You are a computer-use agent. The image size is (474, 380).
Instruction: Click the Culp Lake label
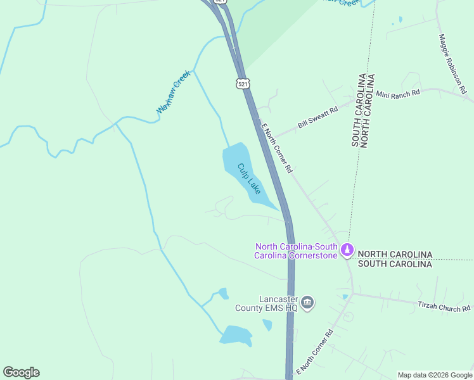(x=249, y=178)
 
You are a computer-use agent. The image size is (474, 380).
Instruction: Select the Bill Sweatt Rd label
(x=317, y=118)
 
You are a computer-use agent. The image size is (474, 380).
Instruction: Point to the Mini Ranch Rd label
(x=398, y=93)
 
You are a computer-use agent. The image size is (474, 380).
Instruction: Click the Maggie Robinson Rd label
(x=451, y=63)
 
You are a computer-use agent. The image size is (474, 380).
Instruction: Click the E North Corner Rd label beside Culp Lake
(x=277, y=147)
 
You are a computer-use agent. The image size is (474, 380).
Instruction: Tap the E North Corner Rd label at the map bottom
(x=314, y=351)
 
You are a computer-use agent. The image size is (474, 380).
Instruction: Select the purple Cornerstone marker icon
(x=346, y=250)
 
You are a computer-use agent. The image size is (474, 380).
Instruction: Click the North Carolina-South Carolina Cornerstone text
(x=296, y=251)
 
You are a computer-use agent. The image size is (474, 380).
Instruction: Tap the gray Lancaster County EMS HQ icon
(x=307, y=301)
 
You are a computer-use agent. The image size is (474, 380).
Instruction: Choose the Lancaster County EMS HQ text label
(x=278, y=303)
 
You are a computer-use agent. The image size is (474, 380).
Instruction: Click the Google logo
(x=21, y=372)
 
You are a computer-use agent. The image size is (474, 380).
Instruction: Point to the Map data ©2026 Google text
(x=435, y=375)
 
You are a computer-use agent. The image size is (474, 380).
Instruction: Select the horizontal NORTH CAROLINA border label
(x=395, y=254)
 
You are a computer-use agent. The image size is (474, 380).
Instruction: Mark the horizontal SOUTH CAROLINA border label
(x=395, y=263)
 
